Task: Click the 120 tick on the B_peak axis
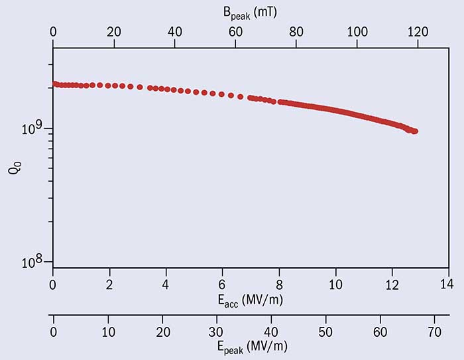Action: point(418,30)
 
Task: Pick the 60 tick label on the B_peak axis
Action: point(235,30)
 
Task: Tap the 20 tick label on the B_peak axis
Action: point(114,30)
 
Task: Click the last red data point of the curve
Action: point(415,131)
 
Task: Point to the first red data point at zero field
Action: point(54,84)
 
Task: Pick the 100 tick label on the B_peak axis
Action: point(357,30)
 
